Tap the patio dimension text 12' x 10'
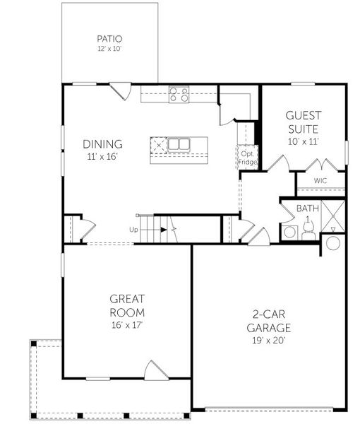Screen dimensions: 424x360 pyautogui.click(x=110, y=49)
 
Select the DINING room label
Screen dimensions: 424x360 pyautogui.click(x=102, y=143)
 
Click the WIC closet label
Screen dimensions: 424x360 pyautogui.click(x=320, y=180)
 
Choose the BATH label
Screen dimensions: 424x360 pyautogui.click(x=307, y=208)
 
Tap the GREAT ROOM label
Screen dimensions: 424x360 pyautogui.click(x=127, y=305)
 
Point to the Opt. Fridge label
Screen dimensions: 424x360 pyautogui.click(x=248, y=158)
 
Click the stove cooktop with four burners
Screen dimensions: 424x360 pyautogui.click(x=179, y=93)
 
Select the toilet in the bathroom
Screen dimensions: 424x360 pyautogui.click(x=289, y=232)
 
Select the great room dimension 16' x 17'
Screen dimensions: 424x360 pyautogui.click(x=127, y=326)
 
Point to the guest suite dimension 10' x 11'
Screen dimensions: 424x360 pyautogui.click(x=302, y=141)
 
